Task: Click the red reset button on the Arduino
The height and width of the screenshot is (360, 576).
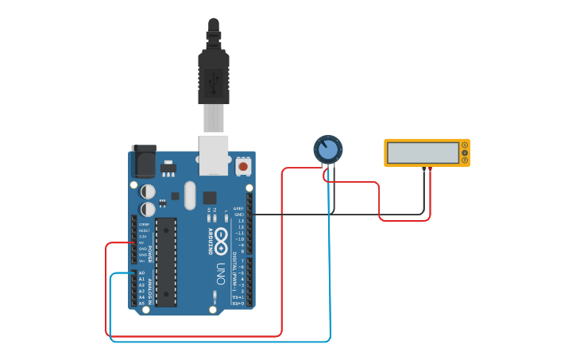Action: (242, 167)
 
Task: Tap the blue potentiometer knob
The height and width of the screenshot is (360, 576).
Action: (327, 149)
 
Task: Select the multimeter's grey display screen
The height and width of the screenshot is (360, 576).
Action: (423, 153)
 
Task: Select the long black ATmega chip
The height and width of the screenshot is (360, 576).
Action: (166, 261)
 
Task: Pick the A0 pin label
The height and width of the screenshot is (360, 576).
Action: (142, 273)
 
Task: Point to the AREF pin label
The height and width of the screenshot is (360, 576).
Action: (238, 209)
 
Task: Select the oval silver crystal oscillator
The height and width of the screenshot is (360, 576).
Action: (189, 195)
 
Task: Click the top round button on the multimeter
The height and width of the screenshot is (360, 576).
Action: (465, 145)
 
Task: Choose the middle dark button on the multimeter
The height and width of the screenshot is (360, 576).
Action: (465, 153)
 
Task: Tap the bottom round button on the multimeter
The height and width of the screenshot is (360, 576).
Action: (465, 160)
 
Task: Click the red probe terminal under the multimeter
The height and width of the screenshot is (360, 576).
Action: (430, 169)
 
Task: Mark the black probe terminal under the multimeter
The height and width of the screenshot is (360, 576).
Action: (424, 169)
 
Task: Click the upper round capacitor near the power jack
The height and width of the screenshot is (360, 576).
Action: (148, 191)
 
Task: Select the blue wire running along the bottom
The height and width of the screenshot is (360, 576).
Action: (222, 342)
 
